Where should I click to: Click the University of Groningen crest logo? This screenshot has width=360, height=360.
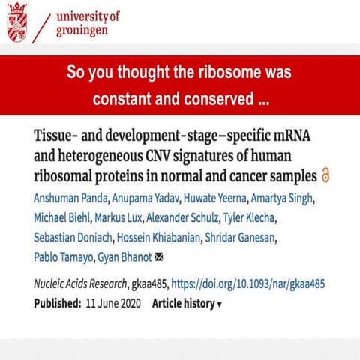point(21,25)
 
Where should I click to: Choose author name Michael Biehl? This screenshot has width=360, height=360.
point(64,218)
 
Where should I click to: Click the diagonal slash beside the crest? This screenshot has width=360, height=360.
point(46,27)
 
